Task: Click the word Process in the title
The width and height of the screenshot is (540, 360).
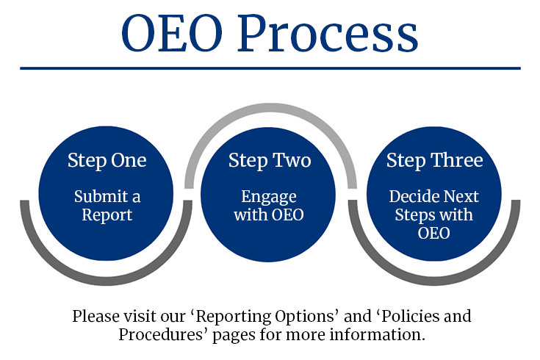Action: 328,35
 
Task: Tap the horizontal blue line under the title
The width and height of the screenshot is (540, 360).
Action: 270,68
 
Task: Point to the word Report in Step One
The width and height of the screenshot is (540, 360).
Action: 107,215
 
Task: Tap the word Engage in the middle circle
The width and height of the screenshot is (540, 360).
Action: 269,197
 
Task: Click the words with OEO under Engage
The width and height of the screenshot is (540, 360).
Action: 269,215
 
